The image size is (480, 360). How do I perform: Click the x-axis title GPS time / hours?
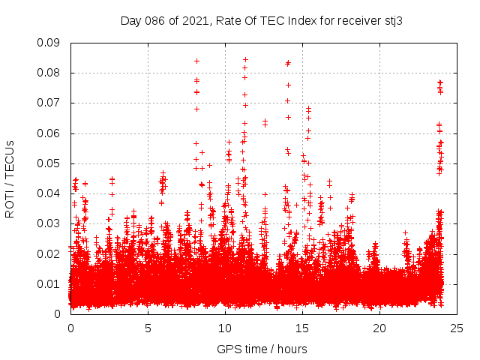pos(256,349)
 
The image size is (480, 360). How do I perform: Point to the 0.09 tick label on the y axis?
pos(50,43)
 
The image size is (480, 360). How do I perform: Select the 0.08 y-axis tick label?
pos(50,73)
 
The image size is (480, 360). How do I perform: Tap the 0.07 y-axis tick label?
pos(50,103)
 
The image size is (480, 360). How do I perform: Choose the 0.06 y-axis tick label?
pos(50,133)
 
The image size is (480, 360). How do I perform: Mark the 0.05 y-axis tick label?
pos(50,163)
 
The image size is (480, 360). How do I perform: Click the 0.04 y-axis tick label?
pos(50,193)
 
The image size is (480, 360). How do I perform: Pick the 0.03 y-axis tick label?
pos(50,223)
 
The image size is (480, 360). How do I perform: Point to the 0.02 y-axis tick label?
pos(50,253)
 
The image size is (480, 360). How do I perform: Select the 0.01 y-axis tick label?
pos(50,283)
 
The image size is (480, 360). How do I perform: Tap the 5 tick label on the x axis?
pos(148,328)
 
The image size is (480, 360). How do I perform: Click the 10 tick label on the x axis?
pos(225,328)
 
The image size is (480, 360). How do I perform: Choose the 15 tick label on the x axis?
pos(302,328)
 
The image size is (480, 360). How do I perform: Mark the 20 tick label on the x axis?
pos(379,328)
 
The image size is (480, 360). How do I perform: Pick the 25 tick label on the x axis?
pos(457,328)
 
